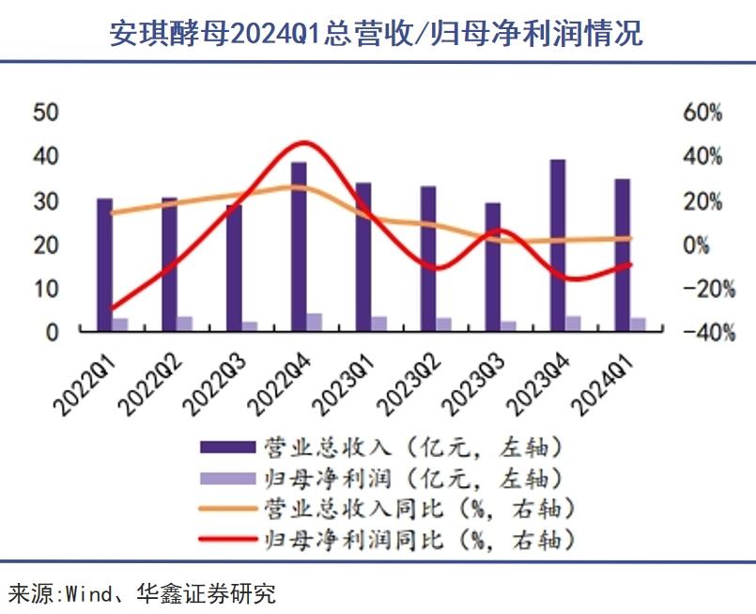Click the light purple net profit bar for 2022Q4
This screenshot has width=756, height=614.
(x=315, y=322)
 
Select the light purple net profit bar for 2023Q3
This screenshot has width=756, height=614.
(x=509, y=325)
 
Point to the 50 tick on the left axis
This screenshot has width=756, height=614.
(x=46, y=112)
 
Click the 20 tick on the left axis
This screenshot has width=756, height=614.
(x=46, y=244)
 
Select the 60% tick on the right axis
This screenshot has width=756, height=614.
(x=702, y=112)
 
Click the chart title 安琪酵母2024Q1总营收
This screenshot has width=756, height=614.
(x=376, y=33)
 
